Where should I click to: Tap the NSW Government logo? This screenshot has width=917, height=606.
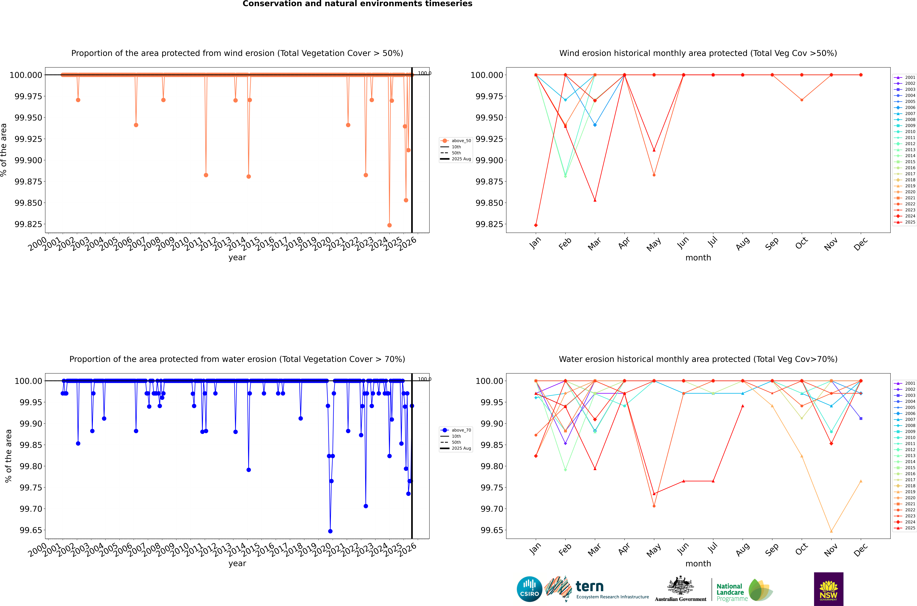click(829, 589)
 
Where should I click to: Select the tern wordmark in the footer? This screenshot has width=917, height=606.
click(589, 587)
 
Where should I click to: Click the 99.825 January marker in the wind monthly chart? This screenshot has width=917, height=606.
click(536, 225)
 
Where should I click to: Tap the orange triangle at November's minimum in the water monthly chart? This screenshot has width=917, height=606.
click(831, 531)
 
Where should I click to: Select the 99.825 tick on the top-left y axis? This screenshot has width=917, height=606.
click(28, 224)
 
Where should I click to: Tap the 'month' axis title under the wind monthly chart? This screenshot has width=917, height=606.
click(698, 258)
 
